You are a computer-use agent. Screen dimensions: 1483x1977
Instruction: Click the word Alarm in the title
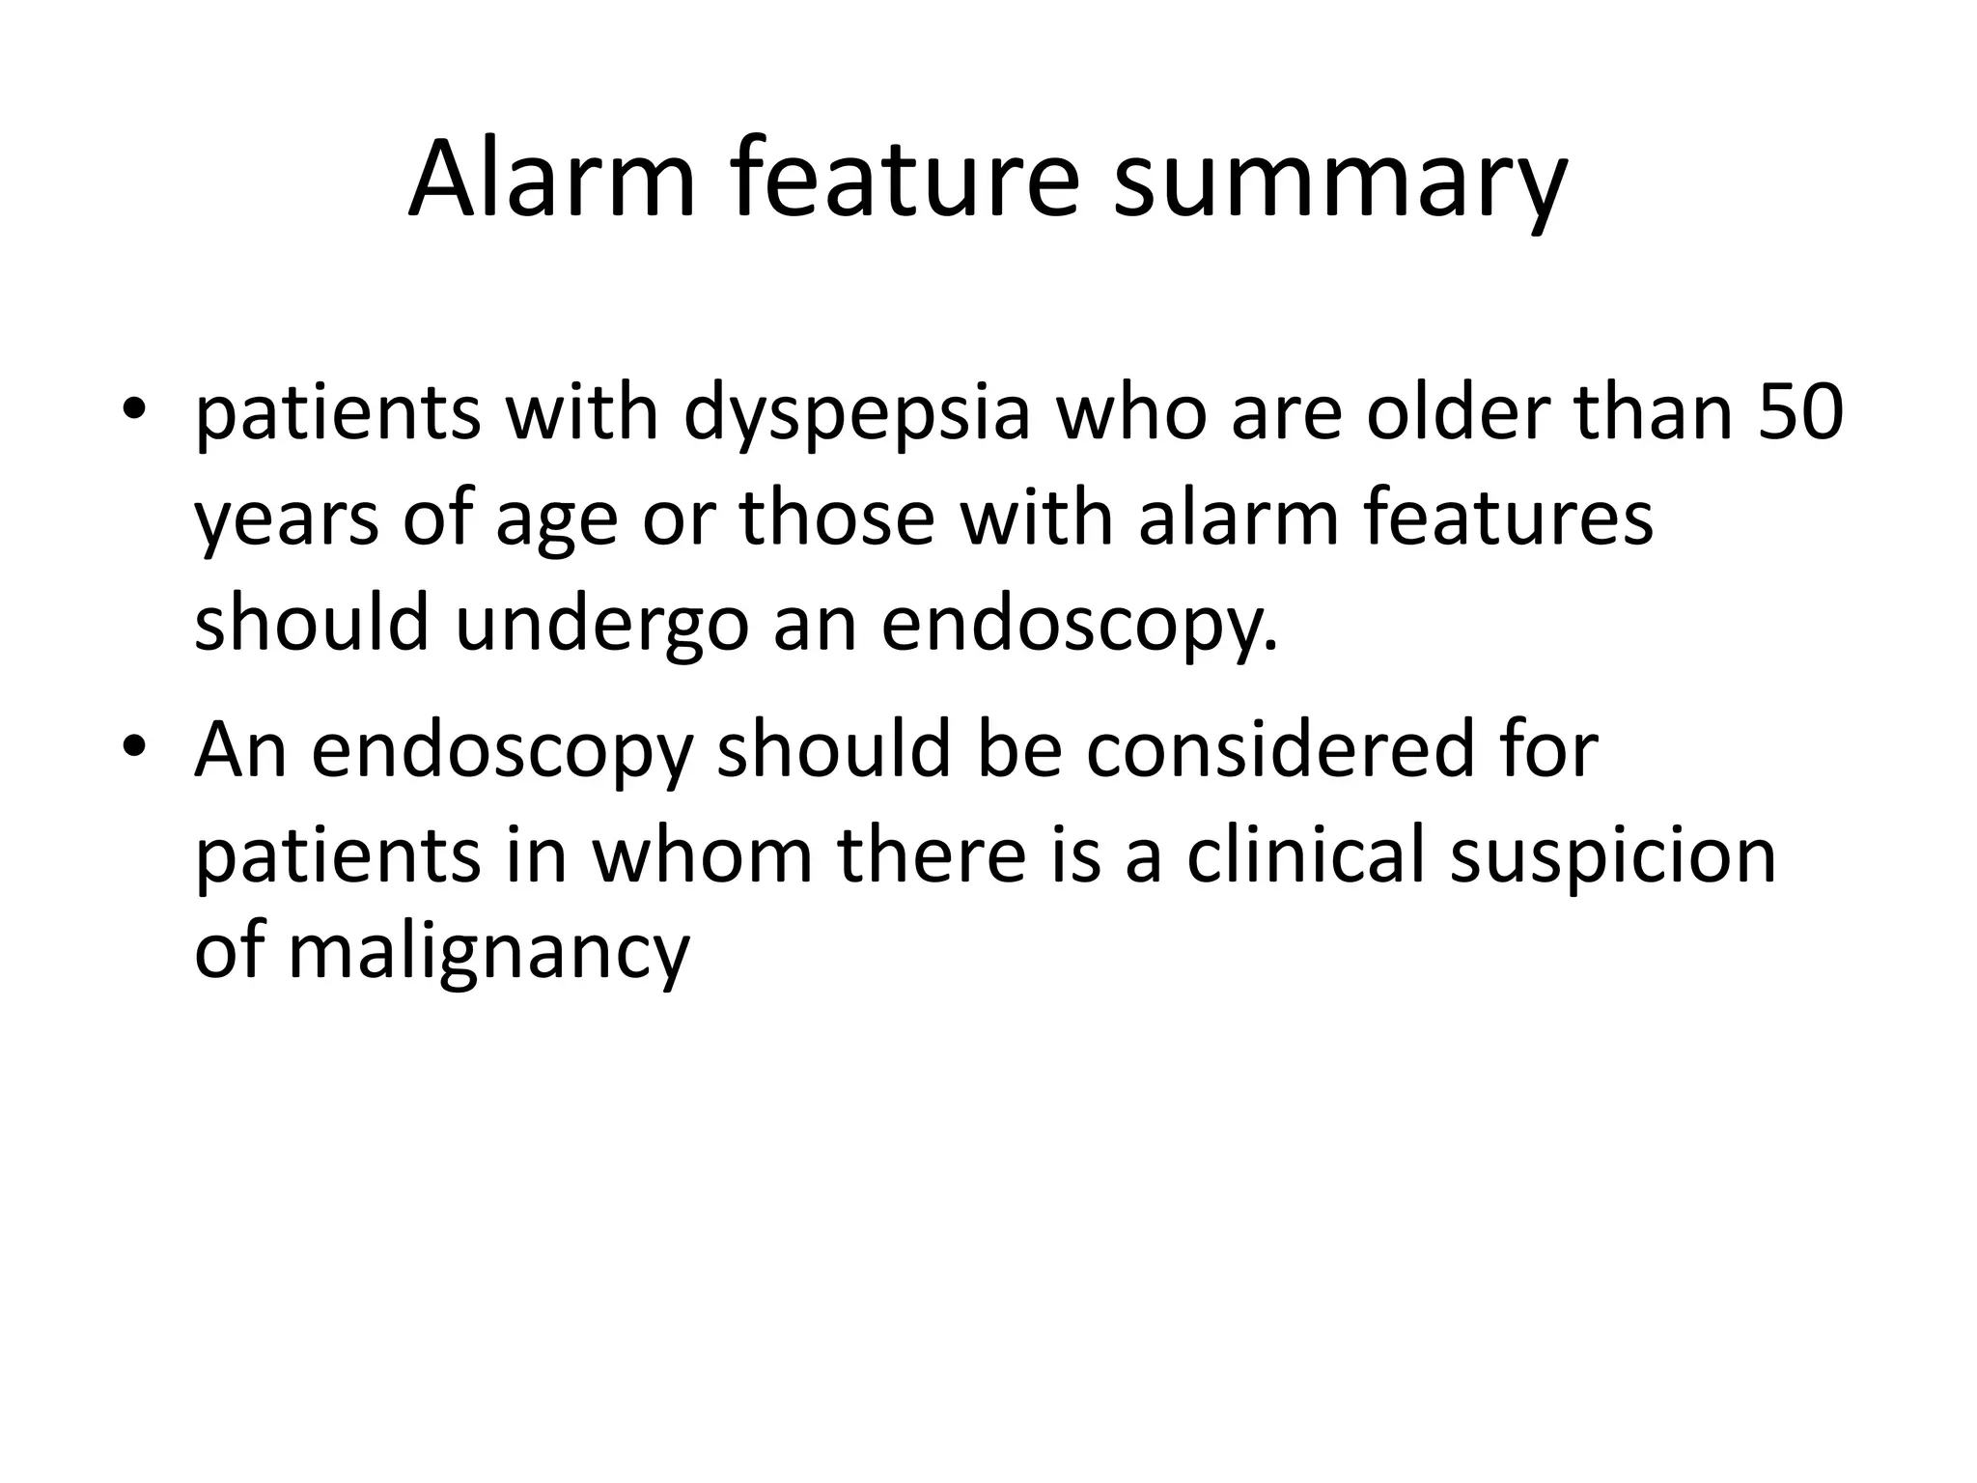click(x=551, y=180)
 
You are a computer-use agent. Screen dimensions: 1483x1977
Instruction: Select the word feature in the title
click(x=904, y=180)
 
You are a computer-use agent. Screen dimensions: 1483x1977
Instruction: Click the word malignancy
click(x=488, y=956)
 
